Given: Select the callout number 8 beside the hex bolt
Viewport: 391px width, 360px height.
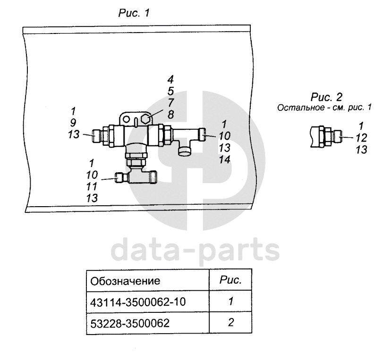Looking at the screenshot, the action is pos(170,114).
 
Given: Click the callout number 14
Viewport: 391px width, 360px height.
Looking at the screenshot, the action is pos(224,159).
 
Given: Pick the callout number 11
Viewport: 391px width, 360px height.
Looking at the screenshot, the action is pos(92,187).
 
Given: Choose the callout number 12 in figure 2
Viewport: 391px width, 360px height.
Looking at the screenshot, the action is pos(362,138).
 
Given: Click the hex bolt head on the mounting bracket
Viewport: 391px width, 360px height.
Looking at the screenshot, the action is pos(146,118).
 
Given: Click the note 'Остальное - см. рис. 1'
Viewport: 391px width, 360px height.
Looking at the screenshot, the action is pos(325,107).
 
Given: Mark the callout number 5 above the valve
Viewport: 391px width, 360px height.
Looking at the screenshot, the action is pos(170,91).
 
